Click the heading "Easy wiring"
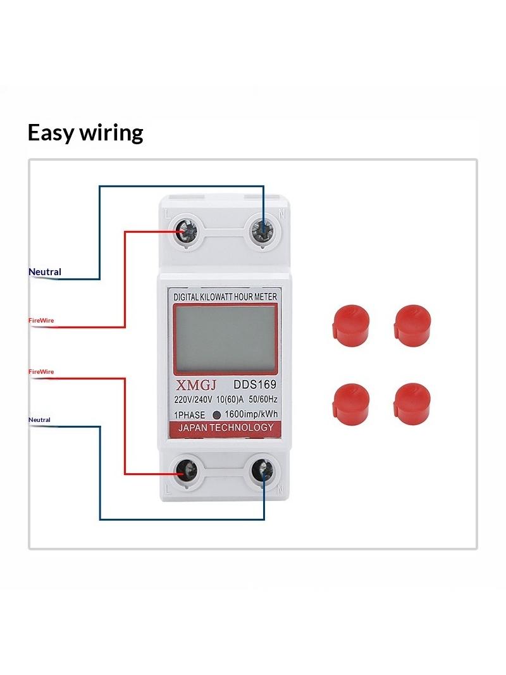point(85,133)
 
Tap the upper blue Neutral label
point(45,271)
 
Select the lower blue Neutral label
point(40,419)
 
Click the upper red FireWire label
point(41,320)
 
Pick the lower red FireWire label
point(41,371)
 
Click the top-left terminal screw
point(187,232)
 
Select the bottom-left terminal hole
point(186,471)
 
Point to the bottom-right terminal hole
point(262,471)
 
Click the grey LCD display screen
point(225,338)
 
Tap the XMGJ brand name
point(196,385)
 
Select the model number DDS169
point(255,383)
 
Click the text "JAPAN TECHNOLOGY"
point(226,428)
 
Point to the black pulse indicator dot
point(217,415)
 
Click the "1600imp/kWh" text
point(251,414)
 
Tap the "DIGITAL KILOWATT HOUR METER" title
point(225,297)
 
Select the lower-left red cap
point(350,404)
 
